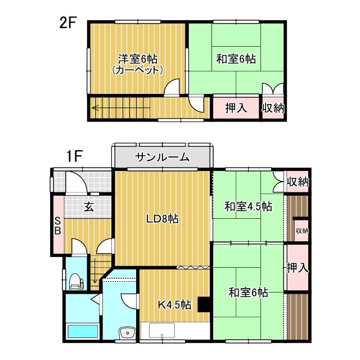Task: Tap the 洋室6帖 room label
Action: click(x=138, y=58)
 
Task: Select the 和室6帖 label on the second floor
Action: click(x=236, y=58)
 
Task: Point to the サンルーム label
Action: click(x=162, y=157)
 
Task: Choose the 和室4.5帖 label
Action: click(x=248, y=206)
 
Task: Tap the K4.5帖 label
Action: click(x=174, y=305)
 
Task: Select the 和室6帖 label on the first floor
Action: click(x=248, y=292)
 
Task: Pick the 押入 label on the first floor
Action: click(x=297, y=268)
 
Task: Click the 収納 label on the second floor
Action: click(x=273, y=108)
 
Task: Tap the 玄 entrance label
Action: click(x=89, y=206)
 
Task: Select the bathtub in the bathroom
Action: click(x=82, y=331)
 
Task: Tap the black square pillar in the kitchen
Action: click(x=204, y=304)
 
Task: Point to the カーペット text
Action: click(x=138, y=70)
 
